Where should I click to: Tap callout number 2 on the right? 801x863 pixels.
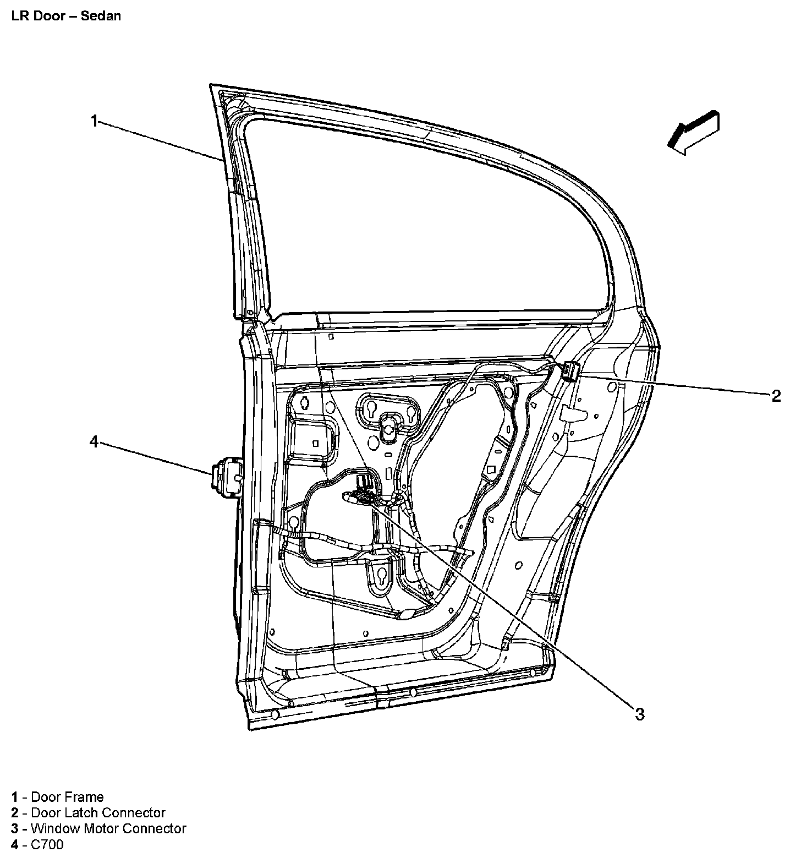coord(776,396)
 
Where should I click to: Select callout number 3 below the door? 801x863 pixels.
coord(639,714)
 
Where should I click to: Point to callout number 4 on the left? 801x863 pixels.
coord(94,441)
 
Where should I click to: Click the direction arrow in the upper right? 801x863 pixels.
coord(694,132)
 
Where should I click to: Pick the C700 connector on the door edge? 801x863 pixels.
coord(227,474)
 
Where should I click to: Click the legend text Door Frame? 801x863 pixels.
coord(67,797)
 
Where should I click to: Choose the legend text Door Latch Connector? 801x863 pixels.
coord(98,813)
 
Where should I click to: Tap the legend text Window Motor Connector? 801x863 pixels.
coord(108,828)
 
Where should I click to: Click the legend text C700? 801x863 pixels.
coord(47,844)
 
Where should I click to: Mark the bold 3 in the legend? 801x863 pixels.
coord(15,828)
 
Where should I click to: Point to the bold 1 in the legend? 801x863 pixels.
coord(15,797)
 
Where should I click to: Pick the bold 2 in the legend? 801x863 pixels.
coord(15,813)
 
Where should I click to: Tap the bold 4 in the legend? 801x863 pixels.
coord(15,844)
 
